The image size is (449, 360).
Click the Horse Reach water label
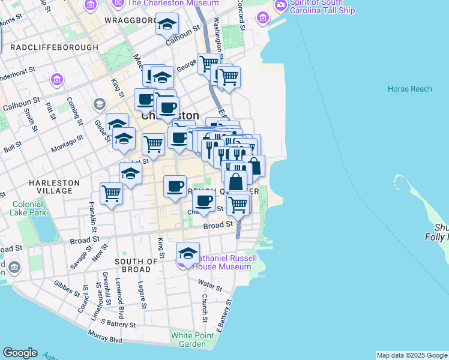tap(410, 89)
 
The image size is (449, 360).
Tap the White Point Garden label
tap(192, 340)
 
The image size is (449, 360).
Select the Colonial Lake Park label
tap(28, 208)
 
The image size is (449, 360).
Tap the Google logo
tap(20, 353)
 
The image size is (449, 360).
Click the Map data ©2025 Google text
tap(412, 355)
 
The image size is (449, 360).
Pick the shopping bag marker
tap(236, 181)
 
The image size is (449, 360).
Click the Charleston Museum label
tap(173, 3)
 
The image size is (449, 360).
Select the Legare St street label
tap(142, 295)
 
